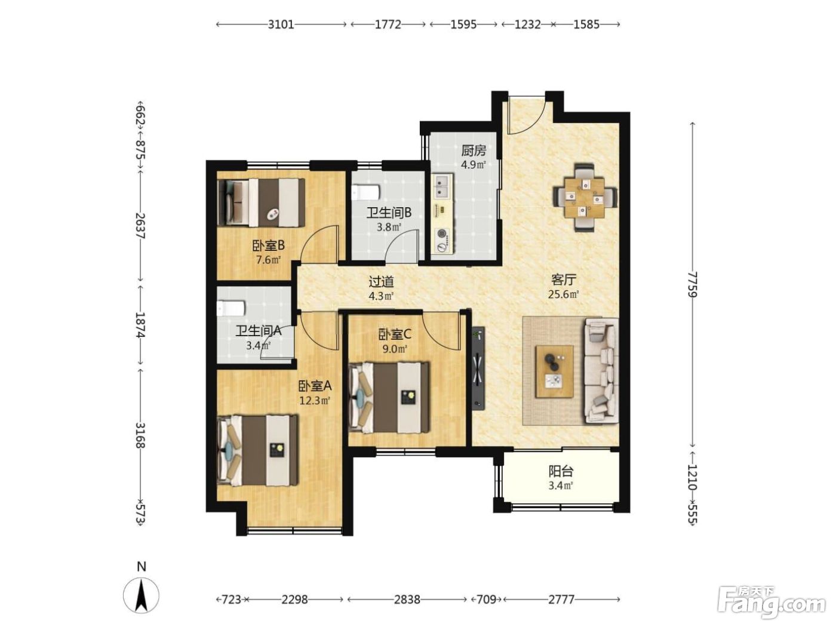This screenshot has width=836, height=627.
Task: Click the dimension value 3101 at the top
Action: pyautogui.click(x=281, y=24)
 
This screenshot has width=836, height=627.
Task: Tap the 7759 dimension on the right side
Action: pyautogui.click(x=692, y=284)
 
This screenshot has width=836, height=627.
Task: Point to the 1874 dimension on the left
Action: pyautogui.click(x=140, y=324)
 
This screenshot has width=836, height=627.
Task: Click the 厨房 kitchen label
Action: pyautogui.click(x=474, y=150)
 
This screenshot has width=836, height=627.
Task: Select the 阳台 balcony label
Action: pyautogui.click(x=561, y=472)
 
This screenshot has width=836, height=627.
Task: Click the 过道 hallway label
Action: pyautogui.click(x=381, y=282)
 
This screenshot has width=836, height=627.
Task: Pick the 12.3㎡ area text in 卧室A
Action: pyautogui.click(x=314, y=401)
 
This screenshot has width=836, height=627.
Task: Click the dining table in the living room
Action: pyautogui.click(x=585, y=198)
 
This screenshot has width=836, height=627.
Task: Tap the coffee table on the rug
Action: pyautogui.click(x=554, y=371)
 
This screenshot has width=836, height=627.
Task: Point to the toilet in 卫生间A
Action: pyautogui.click(x=230, y=308)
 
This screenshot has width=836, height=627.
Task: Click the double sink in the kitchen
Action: pyautogui.click(x=442, y=186)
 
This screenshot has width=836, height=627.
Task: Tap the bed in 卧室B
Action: pyautogui.click(x=261, y=202)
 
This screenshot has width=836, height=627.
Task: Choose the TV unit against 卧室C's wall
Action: pyautogui.click(x=478, y=368)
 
